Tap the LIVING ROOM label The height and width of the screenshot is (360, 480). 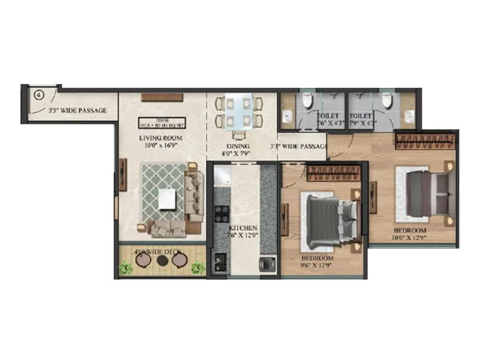pos(161,137)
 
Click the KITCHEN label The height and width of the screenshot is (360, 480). pos(243,229)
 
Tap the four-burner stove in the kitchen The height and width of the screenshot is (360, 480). pos(221,213)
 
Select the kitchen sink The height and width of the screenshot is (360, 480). pos(217,263)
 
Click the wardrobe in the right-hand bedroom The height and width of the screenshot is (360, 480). pos(422,143)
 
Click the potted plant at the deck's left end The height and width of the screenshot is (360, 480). pos(125,268)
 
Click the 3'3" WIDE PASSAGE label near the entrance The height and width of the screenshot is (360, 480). pos(77,110)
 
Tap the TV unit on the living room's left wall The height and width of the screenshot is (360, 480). pos(122,175)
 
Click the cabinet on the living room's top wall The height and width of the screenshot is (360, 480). pos(158,96)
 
